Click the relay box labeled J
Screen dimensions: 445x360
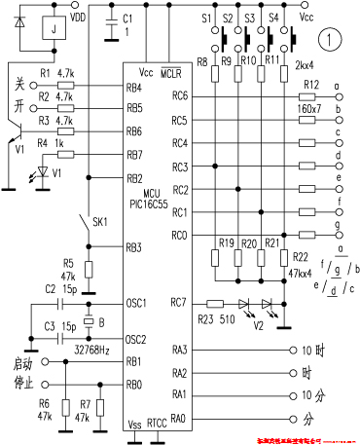coord(49,30)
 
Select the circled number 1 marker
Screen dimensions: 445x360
coord(332,41)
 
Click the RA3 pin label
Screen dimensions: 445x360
coord(180,350)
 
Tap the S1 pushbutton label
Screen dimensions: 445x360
coord(205,18)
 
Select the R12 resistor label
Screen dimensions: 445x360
coord(310,85)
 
